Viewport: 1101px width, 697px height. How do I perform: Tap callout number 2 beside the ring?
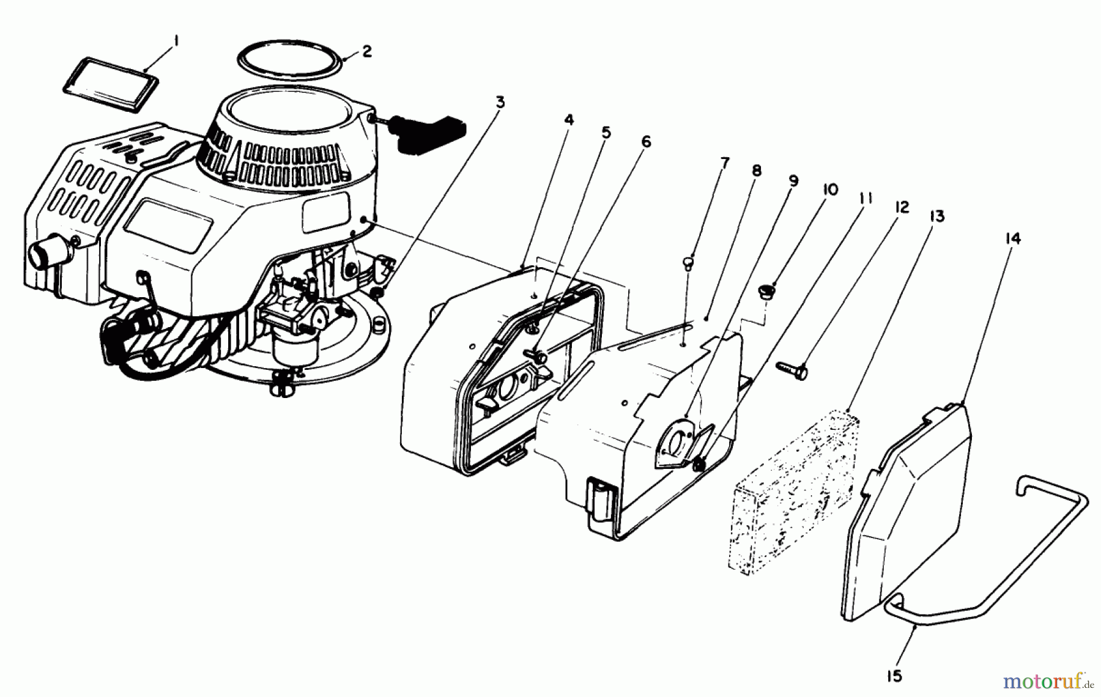pos(366,51)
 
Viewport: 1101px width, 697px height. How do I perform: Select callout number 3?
pos(500,102)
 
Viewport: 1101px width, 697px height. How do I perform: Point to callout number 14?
pos(1013,238)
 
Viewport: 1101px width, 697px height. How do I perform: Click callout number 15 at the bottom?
pos(894,676)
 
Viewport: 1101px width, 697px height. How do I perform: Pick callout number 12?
pos(902,208)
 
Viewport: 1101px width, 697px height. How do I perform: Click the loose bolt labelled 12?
pos(793,369)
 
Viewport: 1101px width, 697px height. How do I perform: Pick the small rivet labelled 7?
pos(688,264)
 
